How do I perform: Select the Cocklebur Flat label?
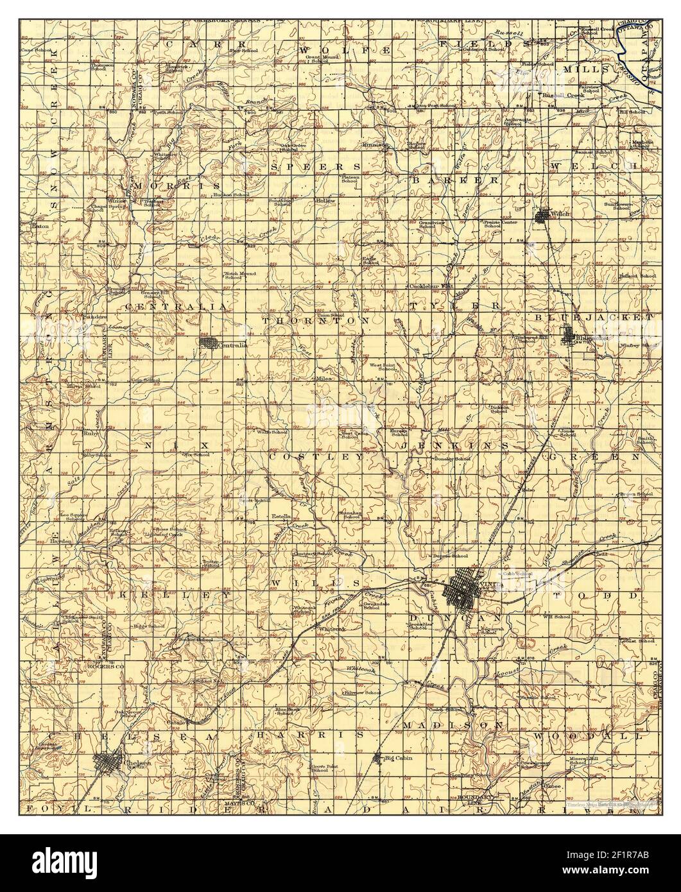tap(429, 286)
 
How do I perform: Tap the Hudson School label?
tap(236, 194)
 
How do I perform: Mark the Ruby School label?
tap(98, 455)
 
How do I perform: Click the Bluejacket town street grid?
tap(569, 335)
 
